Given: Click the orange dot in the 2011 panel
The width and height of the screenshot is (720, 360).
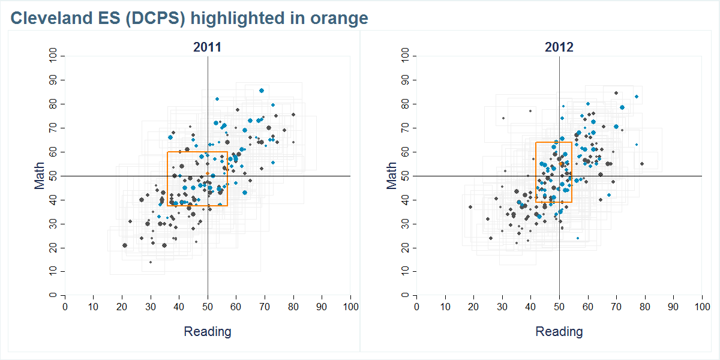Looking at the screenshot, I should pyautogui.click(x=208, y=173).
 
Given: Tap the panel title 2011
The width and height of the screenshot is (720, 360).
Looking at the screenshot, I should pyautogui.click(x=207, y=47).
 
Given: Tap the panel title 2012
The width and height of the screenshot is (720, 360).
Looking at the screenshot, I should pyautogui.click(x=559, y=47).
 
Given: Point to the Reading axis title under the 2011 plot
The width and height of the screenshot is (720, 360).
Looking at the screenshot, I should pyautogui.click(x=207, y=331).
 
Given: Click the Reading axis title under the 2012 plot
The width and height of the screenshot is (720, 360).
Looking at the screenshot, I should pyautogui.click(x=559, y=331).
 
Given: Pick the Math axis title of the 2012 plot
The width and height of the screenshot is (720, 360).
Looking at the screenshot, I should pyautogui.click(x=392, y=176).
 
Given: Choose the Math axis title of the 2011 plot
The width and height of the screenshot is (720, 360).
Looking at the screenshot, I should pyautogui.click(x=40, y=176).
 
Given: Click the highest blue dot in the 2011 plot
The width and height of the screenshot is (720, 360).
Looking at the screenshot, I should pyautogui.click(x=262, y=91).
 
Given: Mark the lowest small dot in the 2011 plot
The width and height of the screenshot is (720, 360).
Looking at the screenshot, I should pyautogui.click(x=151, y=262).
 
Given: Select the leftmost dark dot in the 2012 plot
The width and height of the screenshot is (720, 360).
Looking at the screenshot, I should pyautogui.click(x=470, y=207).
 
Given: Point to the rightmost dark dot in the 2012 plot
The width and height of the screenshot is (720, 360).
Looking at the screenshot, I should pyautogui.click(x=641, y=164).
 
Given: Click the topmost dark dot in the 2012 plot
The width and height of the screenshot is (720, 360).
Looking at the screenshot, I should pyautogui.click(x=616, y=93).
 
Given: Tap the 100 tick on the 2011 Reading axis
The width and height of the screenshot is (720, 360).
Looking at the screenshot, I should pyautogui.click(x=350, y=306).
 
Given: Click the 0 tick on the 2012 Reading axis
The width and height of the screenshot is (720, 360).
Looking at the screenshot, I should pyautogui.click(x=416, y=306).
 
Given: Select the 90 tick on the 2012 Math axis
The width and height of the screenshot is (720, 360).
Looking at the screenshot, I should pyautogui.click(x=406, y=80).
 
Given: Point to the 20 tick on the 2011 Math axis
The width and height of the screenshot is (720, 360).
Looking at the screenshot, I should pyautogui.click(x=54, y=248).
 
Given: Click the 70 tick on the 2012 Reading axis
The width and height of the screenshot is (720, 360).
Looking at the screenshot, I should pyautogui.click(x=616, y=306).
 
